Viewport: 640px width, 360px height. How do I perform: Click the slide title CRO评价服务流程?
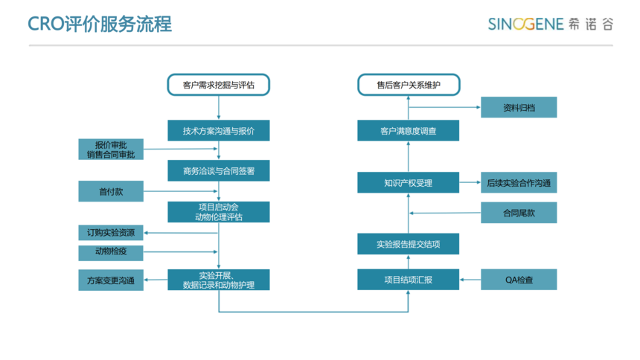point(100,24)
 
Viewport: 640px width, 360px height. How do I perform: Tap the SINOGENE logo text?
point(525,24)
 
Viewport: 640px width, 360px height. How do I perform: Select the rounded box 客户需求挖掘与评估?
point(218,85)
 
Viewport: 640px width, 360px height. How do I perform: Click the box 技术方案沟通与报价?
point(218,131)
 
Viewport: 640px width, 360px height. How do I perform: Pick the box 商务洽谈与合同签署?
point(218,170)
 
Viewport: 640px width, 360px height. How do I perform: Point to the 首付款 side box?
point(111,191)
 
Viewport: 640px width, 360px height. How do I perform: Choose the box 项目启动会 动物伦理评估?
point(218,212)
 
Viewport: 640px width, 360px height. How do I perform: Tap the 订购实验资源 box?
point(111,233)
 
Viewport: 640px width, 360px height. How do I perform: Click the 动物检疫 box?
point(111,253)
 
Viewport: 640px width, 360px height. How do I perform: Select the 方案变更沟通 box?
point(111,280)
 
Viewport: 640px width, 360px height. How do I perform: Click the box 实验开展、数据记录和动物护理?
point(218,280)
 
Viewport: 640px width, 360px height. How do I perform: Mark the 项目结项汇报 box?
point(408,280)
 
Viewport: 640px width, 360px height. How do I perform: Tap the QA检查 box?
point(519,280)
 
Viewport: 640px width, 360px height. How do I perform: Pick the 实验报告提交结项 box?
point(408,244)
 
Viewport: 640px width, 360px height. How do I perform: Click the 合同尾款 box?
point(519,213)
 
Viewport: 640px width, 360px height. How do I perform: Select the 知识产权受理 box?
point(408,182)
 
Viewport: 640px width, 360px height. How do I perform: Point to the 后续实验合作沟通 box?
point(519,182)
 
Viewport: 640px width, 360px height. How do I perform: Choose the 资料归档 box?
point(519,107)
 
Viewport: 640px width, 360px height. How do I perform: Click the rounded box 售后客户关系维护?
point(409,85)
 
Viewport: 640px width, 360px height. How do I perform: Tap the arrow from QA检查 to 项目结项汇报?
point(470,280)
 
